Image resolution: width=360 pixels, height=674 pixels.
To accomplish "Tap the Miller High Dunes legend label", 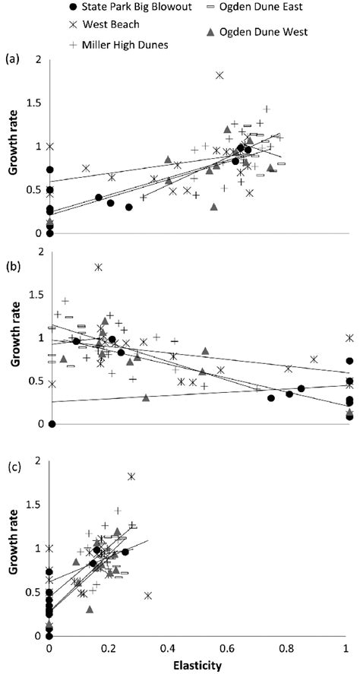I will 121,45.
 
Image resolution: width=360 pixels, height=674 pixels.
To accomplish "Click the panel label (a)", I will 13,59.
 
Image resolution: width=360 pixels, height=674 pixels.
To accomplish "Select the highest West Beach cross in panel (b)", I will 98,267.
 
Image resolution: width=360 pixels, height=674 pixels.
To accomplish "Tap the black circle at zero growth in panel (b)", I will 52,424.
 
